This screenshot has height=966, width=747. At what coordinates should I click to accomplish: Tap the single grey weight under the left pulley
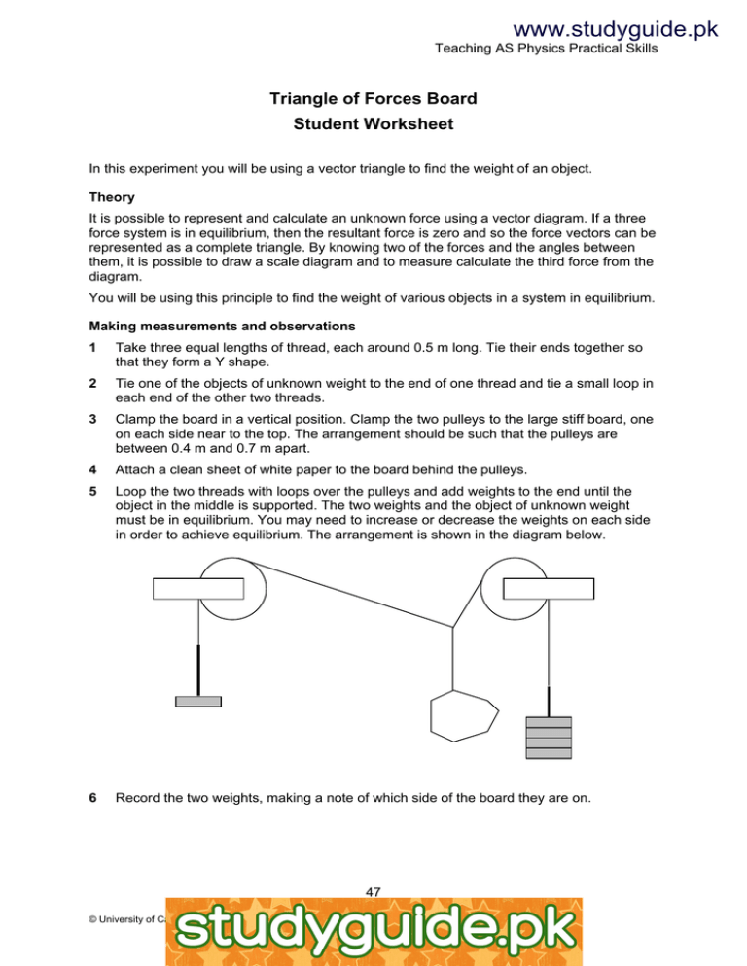point(198,701)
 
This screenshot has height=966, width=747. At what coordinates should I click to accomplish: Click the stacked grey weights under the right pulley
point(549,738)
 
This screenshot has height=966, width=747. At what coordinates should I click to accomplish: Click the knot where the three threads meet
point(453,629)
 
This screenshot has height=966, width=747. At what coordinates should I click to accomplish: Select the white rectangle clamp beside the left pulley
point(197,588)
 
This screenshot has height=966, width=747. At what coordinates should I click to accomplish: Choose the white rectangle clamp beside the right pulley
point(549,588)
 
